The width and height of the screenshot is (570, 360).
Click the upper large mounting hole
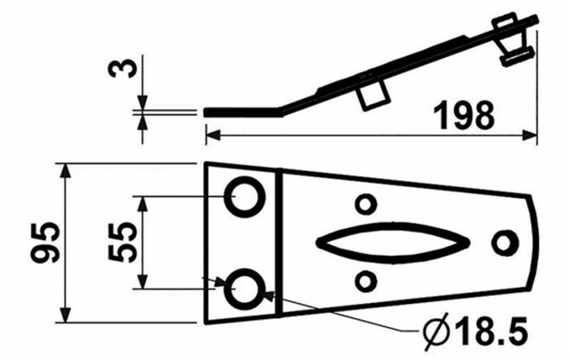coord(243,196)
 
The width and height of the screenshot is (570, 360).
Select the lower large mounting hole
coord(243,287)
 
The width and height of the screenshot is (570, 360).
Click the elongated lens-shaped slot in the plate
coord(393,241)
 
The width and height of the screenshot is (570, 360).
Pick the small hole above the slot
coord(364,204)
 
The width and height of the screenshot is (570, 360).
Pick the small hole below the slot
coord(364,281)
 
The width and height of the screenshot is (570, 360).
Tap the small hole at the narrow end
coord(504,241)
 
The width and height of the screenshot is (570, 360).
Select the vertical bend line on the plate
coord(279,241)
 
